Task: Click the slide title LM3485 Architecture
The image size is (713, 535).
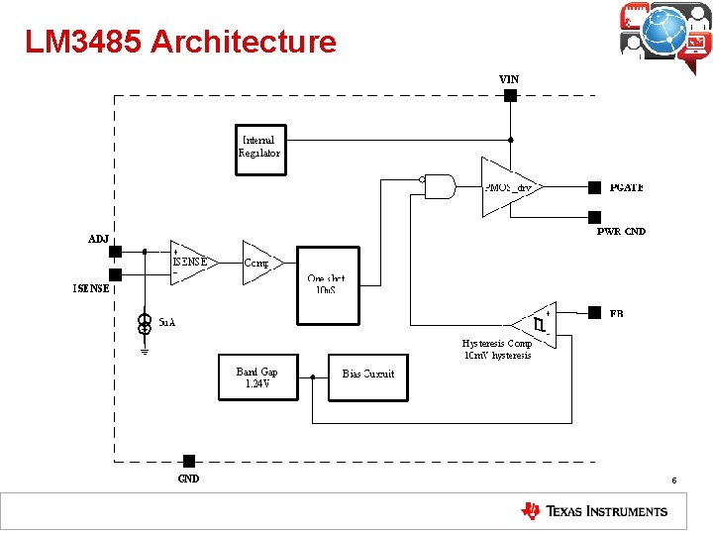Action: [180, 42]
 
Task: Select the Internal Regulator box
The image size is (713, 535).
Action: [260, 149]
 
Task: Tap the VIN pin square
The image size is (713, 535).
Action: [510, 95]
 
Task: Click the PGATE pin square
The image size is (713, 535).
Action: [594, 186]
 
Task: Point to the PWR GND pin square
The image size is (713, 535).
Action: [594, 217]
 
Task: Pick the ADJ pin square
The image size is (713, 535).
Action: [115, 252]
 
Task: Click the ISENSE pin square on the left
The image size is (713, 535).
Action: [115, 274]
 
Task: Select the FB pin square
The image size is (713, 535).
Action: [594, 311]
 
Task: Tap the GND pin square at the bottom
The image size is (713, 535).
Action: [189, 461]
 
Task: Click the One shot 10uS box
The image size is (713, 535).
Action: [328, 284]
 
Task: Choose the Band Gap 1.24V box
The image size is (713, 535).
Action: [257, 377]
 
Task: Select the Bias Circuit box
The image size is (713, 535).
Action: [367, 377]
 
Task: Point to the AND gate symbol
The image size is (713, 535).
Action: [438, 186]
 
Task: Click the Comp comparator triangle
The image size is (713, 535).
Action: [259, 264]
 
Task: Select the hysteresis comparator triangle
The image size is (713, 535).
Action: [533, 323]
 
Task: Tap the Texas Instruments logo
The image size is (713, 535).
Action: [594, 511]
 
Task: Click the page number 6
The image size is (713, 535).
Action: [673, 481]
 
